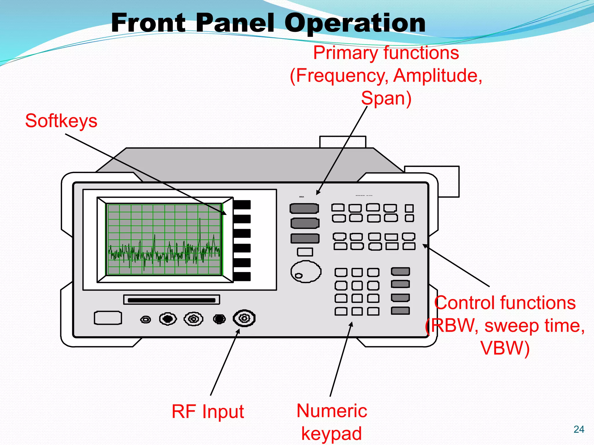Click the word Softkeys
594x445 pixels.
61,121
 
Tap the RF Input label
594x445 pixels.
208,411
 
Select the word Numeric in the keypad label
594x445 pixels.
332,411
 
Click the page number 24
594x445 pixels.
579,429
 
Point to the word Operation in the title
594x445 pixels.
355,23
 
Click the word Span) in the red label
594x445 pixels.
386,98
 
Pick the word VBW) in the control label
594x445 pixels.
505,348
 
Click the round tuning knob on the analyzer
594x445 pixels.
306,271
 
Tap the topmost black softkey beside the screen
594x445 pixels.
242,205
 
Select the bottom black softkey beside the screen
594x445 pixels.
242,276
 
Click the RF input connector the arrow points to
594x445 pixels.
244,318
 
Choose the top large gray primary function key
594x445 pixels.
304,208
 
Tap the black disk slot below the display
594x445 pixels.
172,300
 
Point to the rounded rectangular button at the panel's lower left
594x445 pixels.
108,318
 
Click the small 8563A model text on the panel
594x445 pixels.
302,197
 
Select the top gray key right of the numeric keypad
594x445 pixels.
400,271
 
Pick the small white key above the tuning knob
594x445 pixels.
305,252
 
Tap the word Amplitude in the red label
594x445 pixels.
437,76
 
